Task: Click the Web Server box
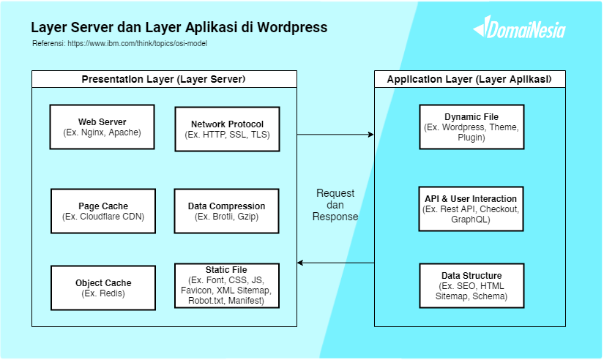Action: click(x=102, y=127)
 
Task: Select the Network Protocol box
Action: click(x=227, y=130)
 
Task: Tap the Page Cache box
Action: click(x=103, y=211)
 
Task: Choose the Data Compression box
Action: click(x=227, y=211)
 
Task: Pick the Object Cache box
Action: click(x=103, y=288)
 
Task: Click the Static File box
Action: click(x=227, y=285)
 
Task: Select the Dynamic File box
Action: click(x=471, y=127)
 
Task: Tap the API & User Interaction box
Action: click(x=471, y=209)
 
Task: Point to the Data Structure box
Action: click(x=471, y=286)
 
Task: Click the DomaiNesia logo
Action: click(x=519, y=29)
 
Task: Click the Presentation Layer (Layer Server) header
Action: click(x=163, y=79)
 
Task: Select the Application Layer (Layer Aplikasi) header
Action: click(x=469, y=79)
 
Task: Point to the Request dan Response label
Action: click(x=335, y=205)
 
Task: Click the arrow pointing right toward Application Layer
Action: click(x=335, y=135)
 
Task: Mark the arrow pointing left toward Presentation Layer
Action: click(x=335, y=263)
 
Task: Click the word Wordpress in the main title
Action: click(x=289, y=27)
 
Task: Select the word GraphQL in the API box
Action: click(x=471, y=219)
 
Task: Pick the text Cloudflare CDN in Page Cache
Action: click(x=111, y=217)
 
